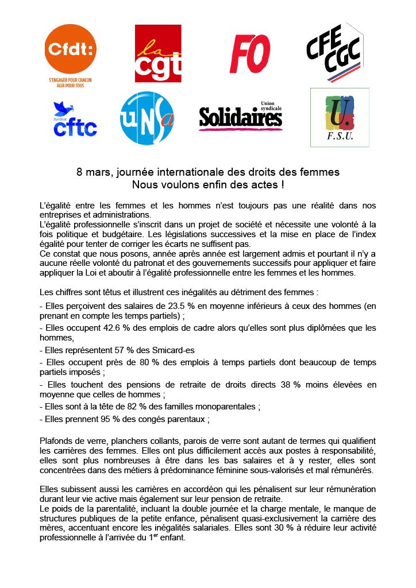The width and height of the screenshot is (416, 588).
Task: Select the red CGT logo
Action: [158, 53]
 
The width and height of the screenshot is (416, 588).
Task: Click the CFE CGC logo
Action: [335, 52]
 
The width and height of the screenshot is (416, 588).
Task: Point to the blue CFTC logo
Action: [75, 120]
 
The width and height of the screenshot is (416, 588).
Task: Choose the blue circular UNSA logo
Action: [147, 118]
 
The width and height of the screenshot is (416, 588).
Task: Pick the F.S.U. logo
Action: [340, 117]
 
